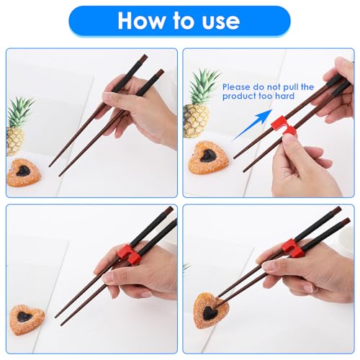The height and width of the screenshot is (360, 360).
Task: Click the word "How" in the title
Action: click(x=141, y=21)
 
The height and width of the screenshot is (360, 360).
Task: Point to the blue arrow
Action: click(x=253, y=125)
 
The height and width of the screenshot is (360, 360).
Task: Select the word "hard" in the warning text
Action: click(x=284, y=96)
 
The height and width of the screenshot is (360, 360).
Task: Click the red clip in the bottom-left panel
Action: click(x=129, y=254)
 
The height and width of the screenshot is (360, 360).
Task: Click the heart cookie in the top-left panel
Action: click(x=24, y=172)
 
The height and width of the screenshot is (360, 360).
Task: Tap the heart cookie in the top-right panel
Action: click(x=207, y=158)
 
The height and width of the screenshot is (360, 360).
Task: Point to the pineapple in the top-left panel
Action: click(x=18, y=127)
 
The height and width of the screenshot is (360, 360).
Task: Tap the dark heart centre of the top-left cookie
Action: click(x=23, y=171)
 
